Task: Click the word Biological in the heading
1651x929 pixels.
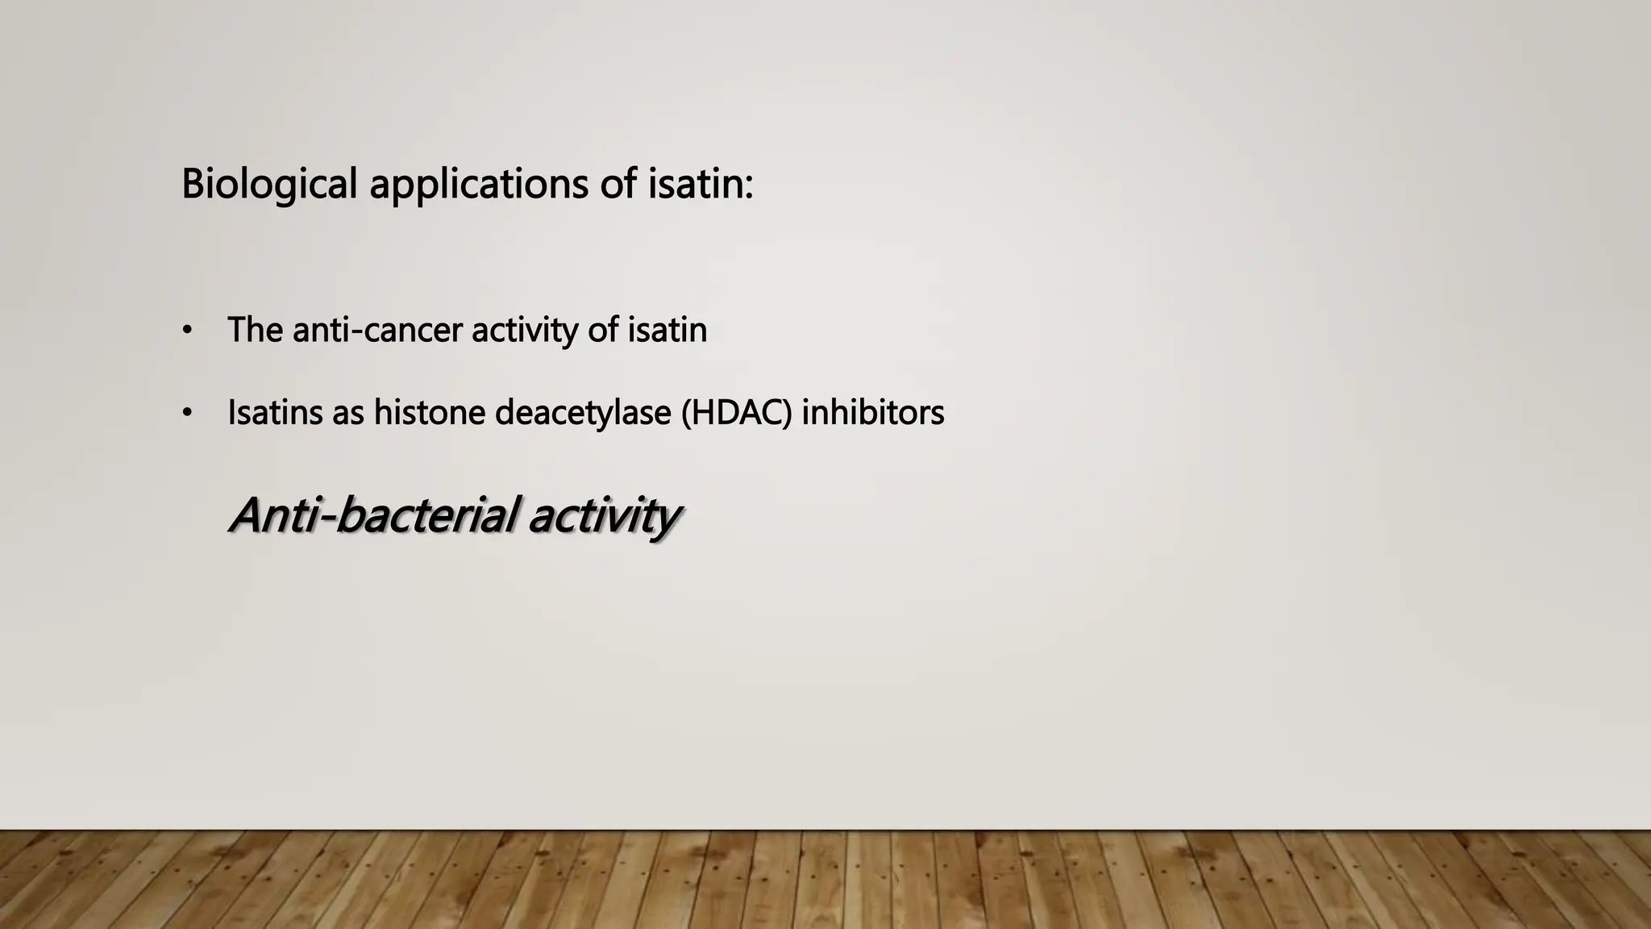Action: click(268, 185)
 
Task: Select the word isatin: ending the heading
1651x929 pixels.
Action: click(701, 183)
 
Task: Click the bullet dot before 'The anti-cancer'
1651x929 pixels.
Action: click(187, 331)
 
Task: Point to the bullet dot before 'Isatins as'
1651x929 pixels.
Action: click(187, 414)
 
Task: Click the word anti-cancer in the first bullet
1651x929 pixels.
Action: click(377, 330)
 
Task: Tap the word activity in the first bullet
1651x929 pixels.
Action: click(524, 331)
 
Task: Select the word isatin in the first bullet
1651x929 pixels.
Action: click(667, 330)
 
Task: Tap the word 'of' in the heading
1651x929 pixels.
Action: click(618, 183)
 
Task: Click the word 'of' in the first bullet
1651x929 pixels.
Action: click(602, 330)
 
